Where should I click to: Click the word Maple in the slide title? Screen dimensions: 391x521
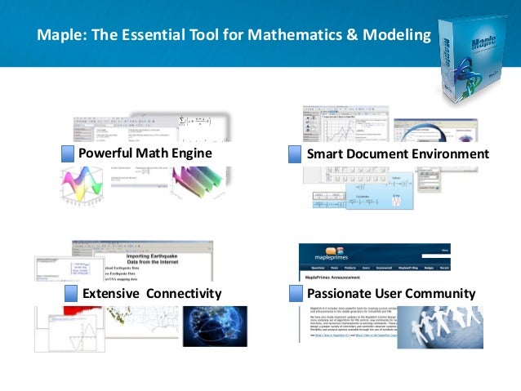[59, 35]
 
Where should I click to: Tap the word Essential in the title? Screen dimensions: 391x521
[144, 35]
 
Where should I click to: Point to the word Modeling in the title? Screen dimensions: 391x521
[400, 35]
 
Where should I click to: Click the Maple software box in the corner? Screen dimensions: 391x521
[470, 61]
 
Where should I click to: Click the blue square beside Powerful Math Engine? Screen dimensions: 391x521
[66, 154]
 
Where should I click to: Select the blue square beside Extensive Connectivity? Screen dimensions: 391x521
[72, 294]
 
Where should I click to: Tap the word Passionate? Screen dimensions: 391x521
[341, 293]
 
